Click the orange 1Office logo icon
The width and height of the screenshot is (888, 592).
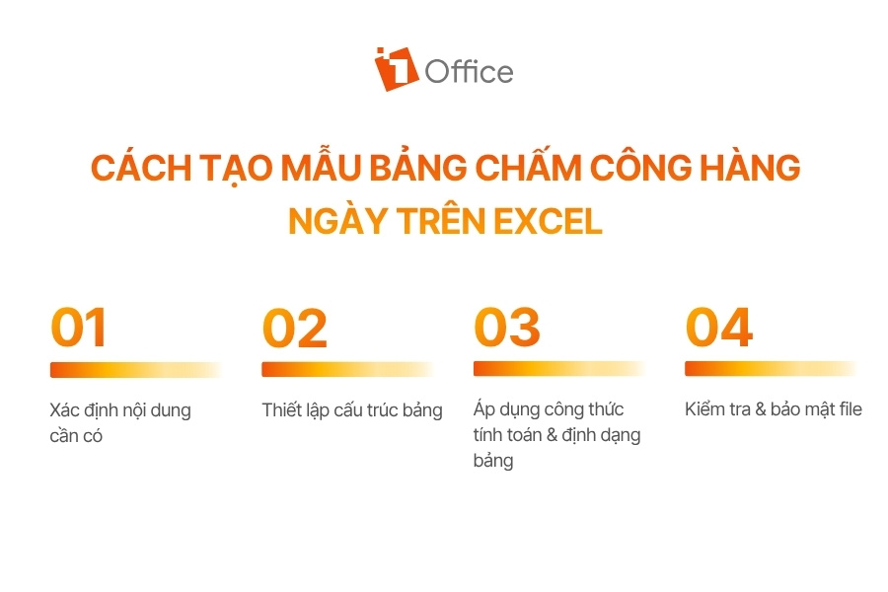[x=396, y=69]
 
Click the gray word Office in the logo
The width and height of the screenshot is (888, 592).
[x=469, y=72]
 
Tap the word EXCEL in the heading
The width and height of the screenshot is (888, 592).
[x=548, y=221]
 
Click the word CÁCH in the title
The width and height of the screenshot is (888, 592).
[x=141, y=168]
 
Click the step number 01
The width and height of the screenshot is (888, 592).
[x=79, y=327]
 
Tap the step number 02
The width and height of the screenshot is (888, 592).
[x=294, y=328]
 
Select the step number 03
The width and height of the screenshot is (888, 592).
[x=507, y=327]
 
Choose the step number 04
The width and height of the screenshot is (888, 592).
[x=718, y=327]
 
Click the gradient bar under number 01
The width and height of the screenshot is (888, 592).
[x=136, y=370]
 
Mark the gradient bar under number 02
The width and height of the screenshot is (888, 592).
[x=347, y=369]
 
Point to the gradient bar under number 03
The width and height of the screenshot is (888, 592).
[x=559, y=369]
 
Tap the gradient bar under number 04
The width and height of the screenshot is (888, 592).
[x=771, y=369]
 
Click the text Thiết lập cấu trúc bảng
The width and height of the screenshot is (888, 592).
[x=352, y=410]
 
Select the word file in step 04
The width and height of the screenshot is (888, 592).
[x=848, y=408]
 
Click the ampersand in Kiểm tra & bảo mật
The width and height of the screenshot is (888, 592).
[x=761, y=409]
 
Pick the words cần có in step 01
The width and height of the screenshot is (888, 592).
[x=76, y=436]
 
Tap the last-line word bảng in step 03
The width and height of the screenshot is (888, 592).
[x=493, y=461]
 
